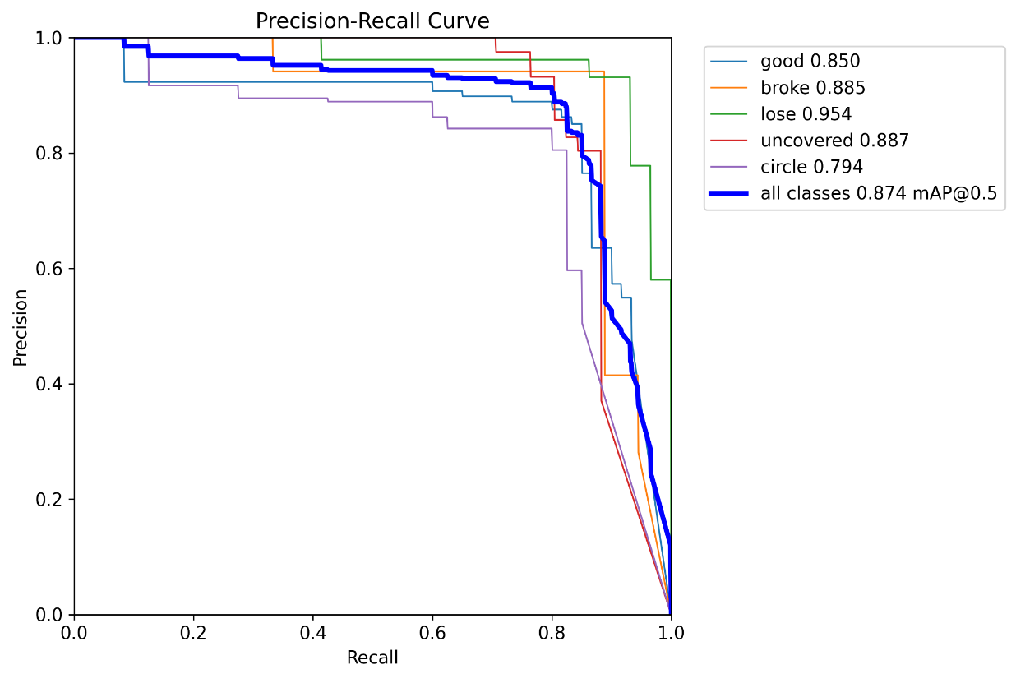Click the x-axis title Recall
372,658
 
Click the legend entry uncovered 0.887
834,141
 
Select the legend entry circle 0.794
811,167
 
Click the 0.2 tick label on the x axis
193,635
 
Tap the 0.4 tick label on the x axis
313,635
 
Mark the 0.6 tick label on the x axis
432,635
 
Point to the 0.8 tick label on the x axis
552,635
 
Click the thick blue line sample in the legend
732,193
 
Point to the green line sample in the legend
732,113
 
